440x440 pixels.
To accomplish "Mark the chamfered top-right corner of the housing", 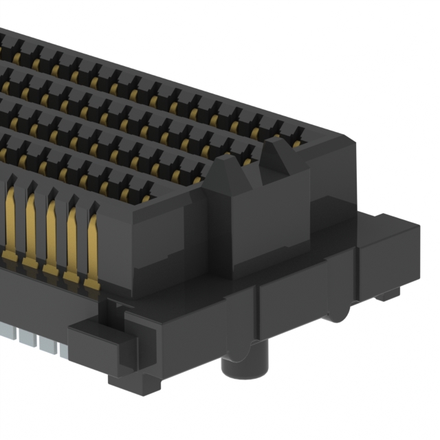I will [x=347, y=141].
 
